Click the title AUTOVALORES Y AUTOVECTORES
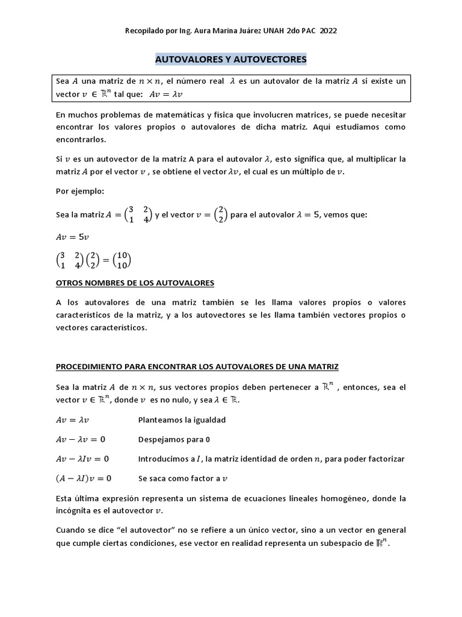click(231, 60)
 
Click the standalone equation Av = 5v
click(73, 237)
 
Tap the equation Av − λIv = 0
click(82, 459)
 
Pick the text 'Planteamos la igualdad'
click(182, 420)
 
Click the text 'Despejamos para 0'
click(174, 439)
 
